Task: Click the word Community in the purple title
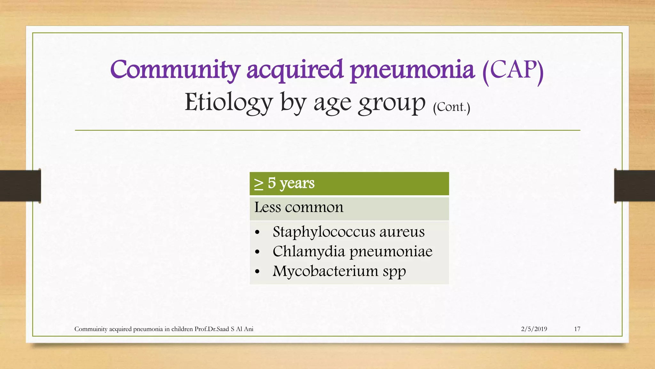[175, 70]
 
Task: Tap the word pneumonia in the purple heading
[412, 70]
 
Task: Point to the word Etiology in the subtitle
[228, 102]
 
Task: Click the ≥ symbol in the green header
[258, 184]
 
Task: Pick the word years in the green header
[297, 184]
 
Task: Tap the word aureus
[402, 232]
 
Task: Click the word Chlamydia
[309, 251]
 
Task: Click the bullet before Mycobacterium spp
[257, 272]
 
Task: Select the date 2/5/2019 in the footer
[534, 329]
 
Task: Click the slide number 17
[577, 329]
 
